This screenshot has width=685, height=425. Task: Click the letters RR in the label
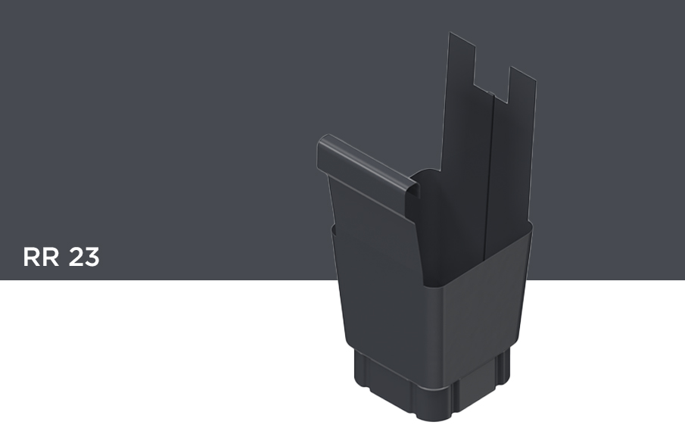41,257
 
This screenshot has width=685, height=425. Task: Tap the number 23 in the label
84,257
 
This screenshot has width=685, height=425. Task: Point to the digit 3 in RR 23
92,257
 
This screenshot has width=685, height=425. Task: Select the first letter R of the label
32,257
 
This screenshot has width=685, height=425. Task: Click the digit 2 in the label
76,257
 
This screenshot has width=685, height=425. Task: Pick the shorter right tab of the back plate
522,87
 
